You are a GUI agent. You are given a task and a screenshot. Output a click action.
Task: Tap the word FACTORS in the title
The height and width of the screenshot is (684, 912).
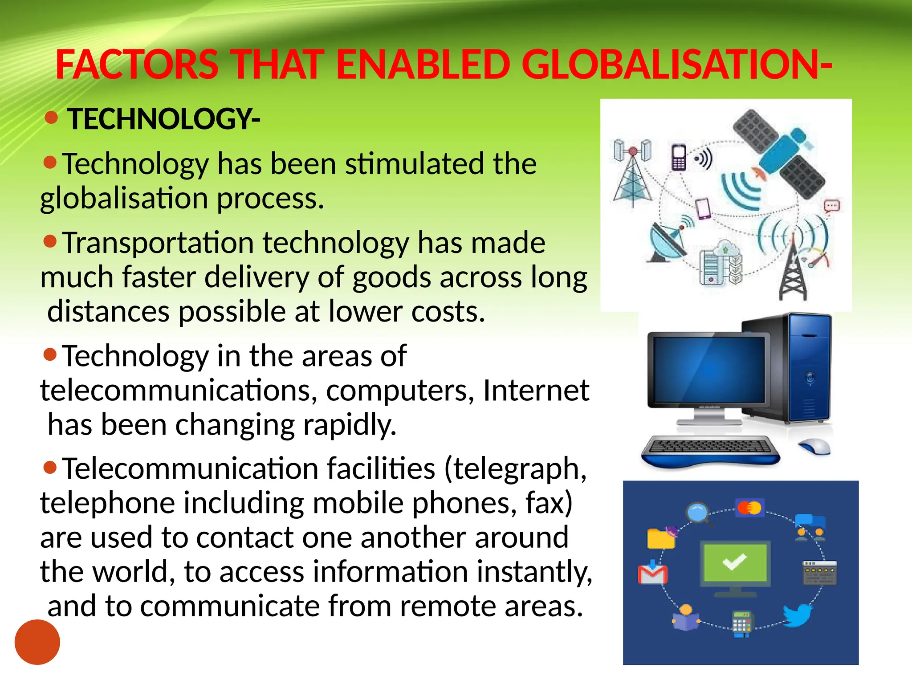[x=137, y=65]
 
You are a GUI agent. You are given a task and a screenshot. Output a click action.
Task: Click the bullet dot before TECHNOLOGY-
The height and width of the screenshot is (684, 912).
[x=52, y=118]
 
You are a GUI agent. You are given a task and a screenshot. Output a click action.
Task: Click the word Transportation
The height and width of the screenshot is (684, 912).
[x=158, y=243]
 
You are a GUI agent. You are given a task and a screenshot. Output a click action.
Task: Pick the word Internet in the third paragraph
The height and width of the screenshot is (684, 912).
[x=536, y=390]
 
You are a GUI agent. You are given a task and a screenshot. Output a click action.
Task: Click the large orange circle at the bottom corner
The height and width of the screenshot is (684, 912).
[x=37, y=642]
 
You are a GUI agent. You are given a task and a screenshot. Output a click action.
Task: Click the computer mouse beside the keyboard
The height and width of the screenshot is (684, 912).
[x=814, y=446]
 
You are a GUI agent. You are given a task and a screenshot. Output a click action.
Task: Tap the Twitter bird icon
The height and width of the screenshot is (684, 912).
[x=797, y=615]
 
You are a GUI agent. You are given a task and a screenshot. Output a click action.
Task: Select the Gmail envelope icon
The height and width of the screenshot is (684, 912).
[x=652, y=574]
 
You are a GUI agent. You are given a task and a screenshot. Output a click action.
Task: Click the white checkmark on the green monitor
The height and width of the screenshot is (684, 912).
[x=734, y=562]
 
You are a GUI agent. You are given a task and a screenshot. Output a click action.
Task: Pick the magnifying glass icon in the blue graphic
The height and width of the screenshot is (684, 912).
[x=698, y=513]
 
